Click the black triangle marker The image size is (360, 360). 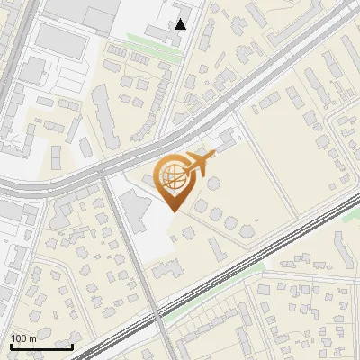pos(181,24)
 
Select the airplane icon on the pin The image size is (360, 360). pos(200,163)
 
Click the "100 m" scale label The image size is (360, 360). pos(23,338)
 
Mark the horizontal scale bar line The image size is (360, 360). pos(41,346)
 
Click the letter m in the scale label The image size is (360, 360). pos(32,338)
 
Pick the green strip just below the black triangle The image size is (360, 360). pos(153,40)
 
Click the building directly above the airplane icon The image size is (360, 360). pos(224,139)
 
